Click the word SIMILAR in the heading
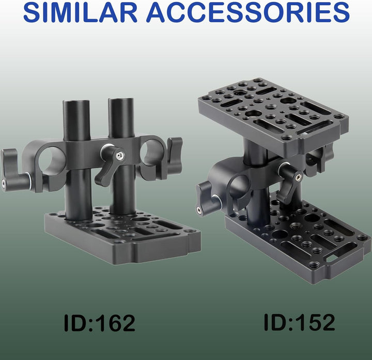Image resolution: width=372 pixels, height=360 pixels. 81,12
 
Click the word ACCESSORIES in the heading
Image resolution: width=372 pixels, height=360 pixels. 248,12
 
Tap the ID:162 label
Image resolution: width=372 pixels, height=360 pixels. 99,323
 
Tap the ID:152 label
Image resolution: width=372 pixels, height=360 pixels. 299,322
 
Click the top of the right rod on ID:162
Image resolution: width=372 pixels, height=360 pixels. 122,100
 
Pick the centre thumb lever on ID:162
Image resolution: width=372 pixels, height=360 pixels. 110,164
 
